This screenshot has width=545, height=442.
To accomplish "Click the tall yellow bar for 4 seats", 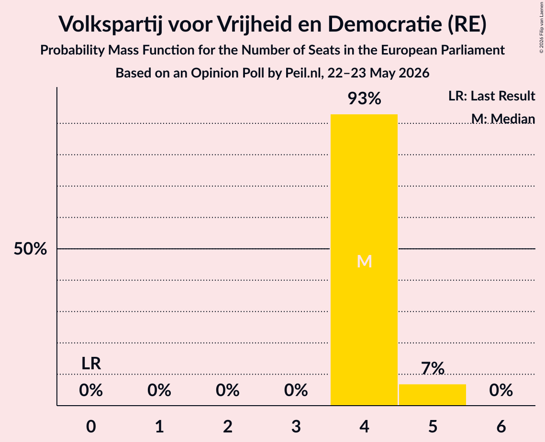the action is point(364,260).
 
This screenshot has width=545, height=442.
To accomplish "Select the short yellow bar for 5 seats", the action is point(433,395).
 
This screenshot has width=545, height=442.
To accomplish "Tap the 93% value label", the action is point(364,99).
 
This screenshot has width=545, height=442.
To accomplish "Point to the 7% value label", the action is point(433,368).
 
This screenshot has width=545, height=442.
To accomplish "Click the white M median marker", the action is point(364,261).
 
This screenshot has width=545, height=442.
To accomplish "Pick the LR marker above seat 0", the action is point(91,364).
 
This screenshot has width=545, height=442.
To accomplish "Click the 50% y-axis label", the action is point(30,249).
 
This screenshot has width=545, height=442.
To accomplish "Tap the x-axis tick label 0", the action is point(91,426).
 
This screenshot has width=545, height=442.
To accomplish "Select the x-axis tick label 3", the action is point(296,426).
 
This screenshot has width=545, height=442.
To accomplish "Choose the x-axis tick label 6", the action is point(501,426).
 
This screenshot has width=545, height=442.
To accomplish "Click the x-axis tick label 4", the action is point(364,426).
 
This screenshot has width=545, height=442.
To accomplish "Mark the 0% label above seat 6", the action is point(501,390).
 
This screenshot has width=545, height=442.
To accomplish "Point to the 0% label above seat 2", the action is point(228,390).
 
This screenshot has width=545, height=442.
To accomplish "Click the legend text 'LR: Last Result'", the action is point(492,96).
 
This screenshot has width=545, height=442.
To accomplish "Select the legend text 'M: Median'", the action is point(503,119).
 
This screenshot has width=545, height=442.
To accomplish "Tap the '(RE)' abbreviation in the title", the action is point(467,24).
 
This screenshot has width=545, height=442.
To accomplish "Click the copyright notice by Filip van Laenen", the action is point(541,27).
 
